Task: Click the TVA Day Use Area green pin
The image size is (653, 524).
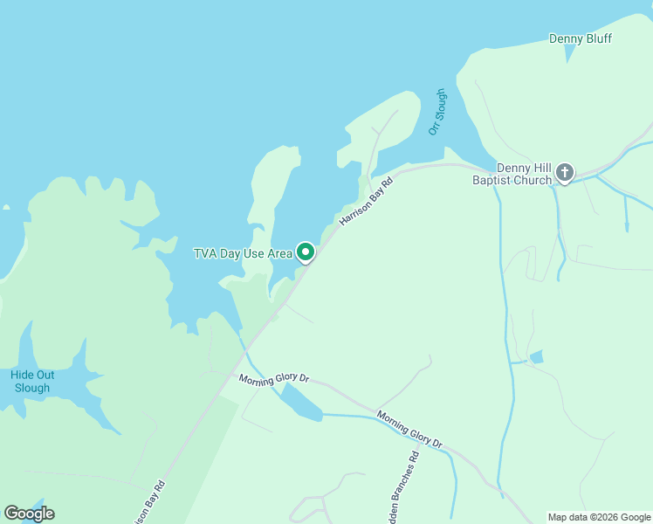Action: point(306,252)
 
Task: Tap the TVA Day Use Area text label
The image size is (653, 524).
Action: point(243,254)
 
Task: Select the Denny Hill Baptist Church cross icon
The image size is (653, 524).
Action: point(565,173)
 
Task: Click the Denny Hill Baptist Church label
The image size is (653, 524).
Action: point(524,174)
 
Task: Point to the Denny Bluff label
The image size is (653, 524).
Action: point(581,38)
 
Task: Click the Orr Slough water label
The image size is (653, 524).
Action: point(437,112)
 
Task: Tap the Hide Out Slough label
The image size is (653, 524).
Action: point(32,382)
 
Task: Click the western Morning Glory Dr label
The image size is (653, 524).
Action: point(274,378)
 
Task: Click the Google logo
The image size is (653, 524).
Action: point(29,514)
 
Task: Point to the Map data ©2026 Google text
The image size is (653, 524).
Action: point(600,517)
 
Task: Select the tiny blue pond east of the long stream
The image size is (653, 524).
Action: point(536,356)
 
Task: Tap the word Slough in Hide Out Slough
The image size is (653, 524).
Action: point(32,388)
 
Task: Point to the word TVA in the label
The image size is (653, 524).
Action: point(205,254)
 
